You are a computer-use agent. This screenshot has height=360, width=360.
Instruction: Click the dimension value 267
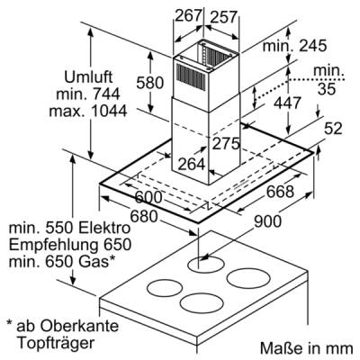(188, 15)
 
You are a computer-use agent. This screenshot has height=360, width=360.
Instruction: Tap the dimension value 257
(224, 17)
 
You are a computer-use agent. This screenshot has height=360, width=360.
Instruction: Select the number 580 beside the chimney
(150, 83)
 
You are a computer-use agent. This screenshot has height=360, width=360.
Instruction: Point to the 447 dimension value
(287, 103)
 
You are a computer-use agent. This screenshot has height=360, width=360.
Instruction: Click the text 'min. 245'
(294, 46)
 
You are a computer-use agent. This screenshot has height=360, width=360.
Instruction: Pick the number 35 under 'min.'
(327, 89)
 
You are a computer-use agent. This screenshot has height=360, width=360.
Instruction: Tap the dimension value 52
(333, 129)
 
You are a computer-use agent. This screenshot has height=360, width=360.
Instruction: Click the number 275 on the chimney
(226, 144)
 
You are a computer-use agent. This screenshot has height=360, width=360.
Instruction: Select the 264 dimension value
(192, 164)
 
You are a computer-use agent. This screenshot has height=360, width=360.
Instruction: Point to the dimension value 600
(148, 197)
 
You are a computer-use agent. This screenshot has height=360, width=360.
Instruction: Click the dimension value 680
(144, 217)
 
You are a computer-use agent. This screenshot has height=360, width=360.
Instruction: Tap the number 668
(280, 192)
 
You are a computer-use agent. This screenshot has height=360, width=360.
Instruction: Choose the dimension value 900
(267, 221)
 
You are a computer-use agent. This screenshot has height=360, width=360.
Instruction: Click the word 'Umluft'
(88, 77)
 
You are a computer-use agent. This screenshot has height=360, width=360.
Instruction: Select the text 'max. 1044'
(88, 111)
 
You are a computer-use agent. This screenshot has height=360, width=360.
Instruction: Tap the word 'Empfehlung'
(54, 246)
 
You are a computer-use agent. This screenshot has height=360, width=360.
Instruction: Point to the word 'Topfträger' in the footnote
(56, 343)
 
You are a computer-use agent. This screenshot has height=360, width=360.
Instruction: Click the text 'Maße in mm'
(307, 348)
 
